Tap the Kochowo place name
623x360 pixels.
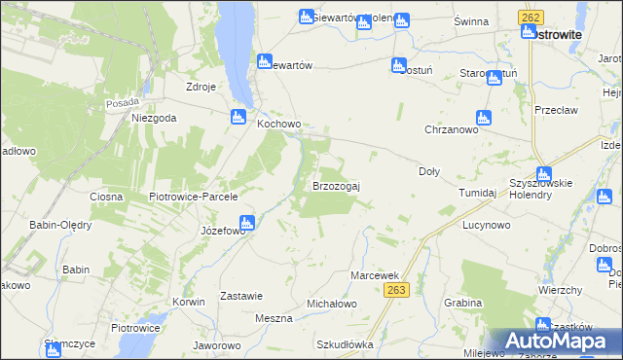(x=278, y=126)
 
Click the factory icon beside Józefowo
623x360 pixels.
(x=247, y=223)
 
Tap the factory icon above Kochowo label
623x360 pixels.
(x=238, y=118)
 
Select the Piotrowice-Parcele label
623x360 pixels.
(x=194, y=197)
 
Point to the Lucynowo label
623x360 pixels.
(x=487, y=225)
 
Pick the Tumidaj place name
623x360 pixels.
(x=478, y=193)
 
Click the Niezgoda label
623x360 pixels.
(x=154, y=118)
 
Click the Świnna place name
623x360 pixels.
(x=470, y=20)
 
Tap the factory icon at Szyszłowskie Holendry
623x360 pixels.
(x=543, y=174)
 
